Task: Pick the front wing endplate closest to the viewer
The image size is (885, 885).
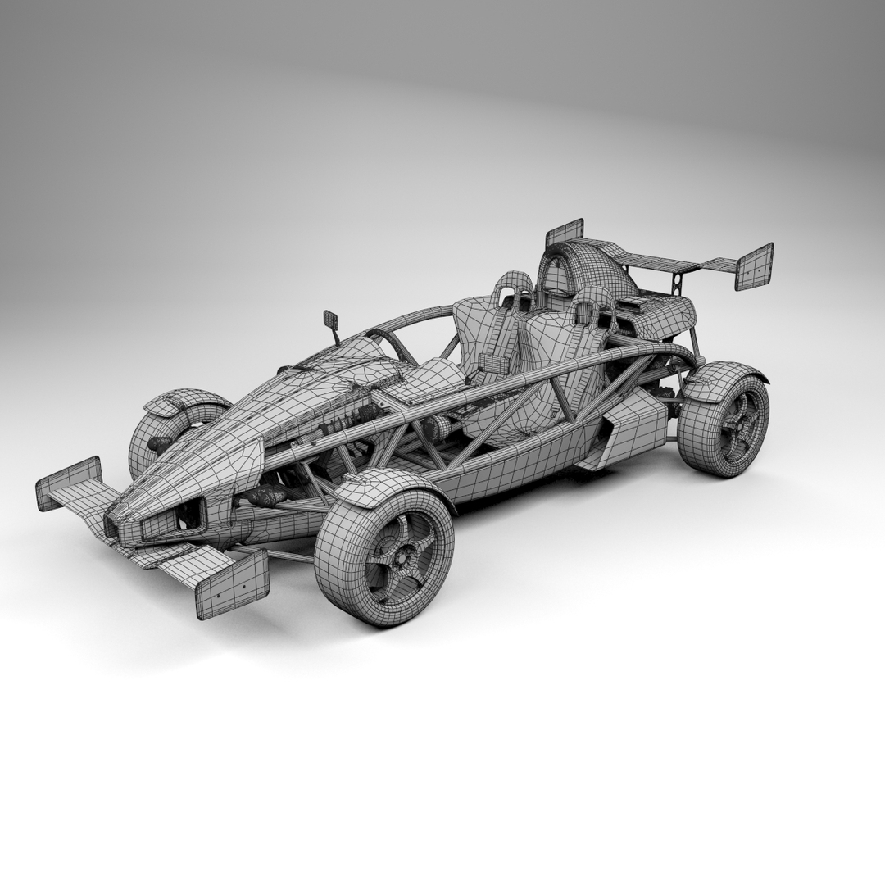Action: [x=232, y=584]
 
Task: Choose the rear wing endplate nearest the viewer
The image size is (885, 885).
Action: [x=753, y=266]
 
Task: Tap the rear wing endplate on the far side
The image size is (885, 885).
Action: [x=564, y=233]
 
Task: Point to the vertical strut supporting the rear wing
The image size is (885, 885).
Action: [x=677, y=283]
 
